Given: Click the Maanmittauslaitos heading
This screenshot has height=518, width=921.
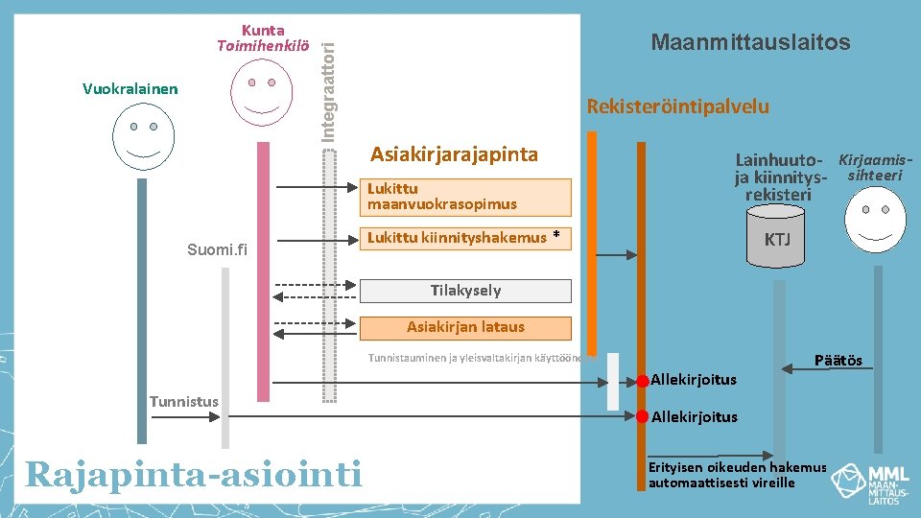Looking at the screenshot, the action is coord(750,42).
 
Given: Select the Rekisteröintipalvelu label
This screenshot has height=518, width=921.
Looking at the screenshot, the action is coord(677,106).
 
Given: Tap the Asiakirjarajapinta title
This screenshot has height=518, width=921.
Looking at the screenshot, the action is coord(454,154).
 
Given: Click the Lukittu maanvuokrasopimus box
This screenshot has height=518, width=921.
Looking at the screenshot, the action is coord(465,197).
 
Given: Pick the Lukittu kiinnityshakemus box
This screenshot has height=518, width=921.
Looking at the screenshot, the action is coord(465,238).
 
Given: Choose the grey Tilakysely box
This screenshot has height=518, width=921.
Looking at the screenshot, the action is coord(465,290).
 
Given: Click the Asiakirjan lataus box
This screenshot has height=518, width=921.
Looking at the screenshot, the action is coord(465,327).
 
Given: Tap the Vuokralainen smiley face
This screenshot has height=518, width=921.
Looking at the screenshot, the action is coord(145,135).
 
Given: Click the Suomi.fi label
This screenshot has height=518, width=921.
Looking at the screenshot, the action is coord(217,250).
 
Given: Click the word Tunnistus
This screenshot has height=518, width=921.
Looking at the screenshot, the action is coord(184,401).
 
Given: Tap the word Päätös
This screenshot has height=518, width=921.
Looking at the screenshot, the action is coord(838,361).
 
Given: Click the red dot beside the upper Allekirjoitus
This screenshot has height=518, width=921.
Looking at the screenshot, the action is coord(642,381).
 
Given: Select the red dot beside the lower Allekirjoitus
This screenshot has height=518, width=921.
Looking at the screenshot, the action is coord(642,416).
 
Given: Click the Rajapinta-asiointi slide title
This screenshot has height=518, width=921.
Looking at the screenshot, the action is coord(194,473).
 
